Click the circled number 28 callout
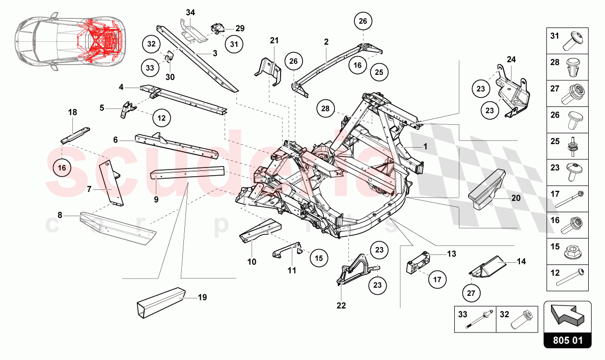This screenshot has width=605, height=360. pos(326,108)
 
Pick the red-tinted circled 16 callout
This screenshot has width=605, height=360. pos(62,167)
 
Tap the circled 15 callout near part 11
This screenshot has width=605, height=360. pos(318,258)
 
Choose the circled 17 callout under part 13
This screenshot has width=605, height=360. pos(437,279)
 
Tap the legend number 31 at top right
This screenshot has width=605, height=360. pos(554,36)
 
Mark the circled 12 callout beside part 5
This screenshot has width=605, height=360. pos(161,118)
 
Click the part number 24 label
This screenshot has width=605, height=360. pos(511,60)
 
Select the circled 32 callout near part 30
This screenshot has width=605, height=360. pos(151,44)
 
